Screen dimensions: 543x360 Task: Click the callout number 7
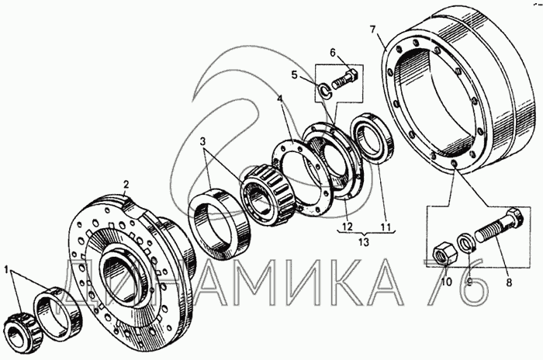click(372, 29)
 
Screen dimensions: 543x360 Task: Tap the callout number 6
click(333, 53)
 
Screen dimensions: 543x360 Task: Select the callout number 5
click(294, 74)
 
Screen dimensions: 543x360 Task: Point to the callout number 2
click(126, 184)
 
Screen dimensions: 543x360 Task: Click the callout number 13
click(365, 242)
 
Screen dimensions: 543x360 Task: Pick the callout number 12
click(347, 227)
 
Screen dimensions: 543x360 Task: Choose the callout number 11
click(386, 227)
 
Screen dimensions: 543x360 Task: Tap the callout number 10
click(447, 282)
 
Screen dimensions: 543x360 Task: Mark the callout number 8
click(509, 282)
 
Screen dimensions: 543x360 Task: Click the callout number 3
click(203, 141)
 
